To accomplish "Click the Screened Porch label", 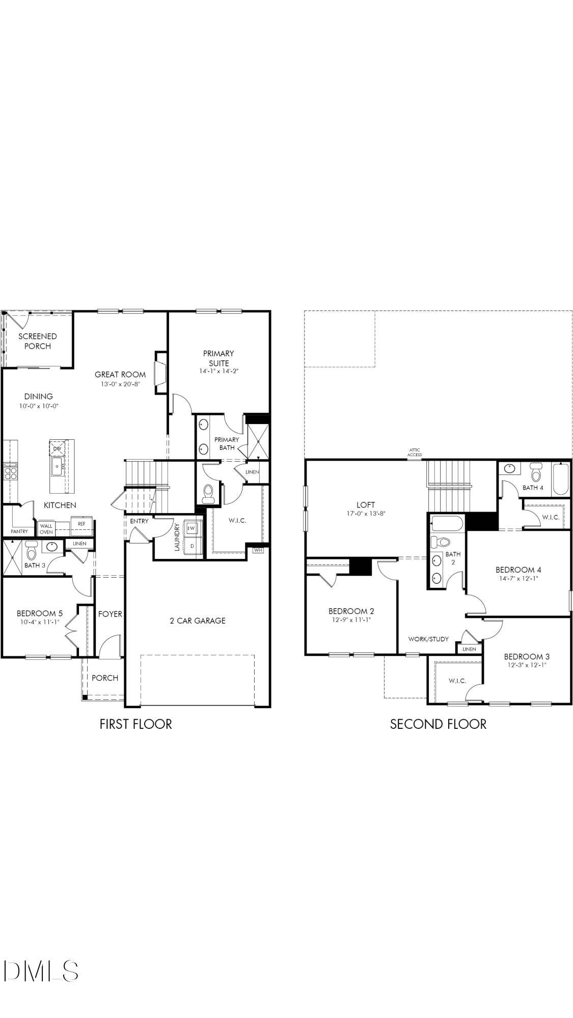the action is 38,341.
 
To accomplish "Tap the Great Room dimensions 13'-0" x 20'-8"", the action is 120,384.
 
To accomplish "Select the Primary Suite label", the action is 219,358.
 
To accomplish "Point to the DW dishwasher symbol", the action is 57,448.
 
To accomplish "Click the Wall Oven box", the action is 46,529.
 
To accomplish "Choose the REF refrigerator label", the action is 81,523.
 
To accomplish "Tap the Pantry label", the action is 19,531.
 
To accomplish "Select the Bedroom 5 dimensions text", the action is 39,622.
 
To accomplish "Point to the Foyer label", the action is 110,614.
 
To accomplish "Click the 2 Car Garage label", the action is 198,620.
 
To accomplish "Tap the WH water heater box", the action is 258,550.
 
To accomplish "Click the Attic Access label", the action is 415,453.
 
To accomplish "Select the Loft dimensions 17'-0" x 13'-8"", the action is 366,514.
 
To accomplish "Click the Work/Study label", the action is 428,639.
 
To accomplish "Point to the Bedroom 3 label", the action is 527,657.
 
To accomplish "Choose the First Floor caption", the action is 136,724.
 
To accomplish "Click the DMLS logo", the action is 41,971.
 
